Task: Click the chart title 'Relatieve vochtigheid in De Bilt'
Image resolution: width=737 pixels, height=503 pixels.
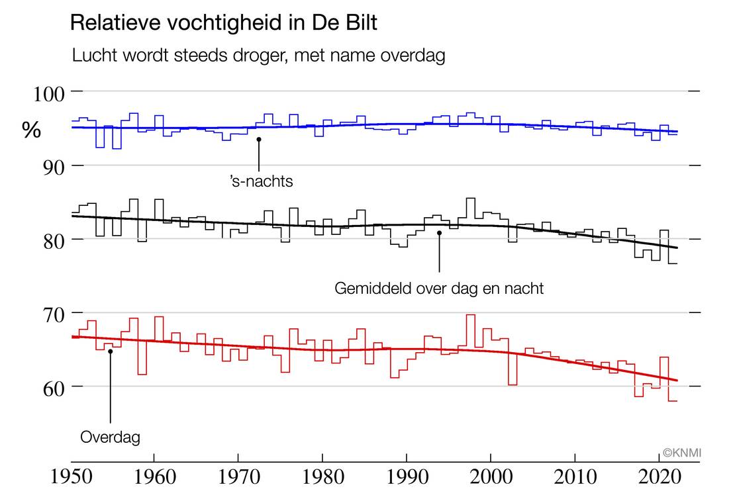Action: tap(223, 23)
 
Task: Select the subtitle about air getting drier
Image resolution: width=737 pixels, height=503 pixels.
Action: tap(258, 56)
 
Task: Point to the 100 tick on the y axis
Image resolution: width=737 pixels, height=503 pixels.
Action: tap(49, 93)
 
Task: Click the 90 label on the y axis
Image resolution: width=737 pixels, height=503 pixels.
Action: tap(49, 166)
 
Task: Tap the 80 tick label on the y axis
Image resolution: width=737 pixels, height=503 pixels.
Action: tap(49, 240)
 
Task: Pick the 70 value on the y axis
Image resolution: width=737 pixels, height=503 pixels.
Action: tap(49, 313)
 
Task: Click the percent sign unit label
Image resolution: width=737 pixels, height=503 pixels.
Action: tap(32, 131)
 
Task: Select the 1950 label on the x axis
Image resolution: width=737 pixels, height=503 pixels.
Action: tap(70, 478)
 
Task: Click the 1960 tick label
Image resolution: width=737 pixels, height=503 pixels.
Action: tap(154, 478)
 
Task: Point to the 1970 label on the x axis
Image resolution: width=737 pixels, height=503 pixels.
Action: tap(238, 478)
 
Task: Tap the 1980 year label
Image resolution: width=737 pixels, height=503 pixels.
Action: tap(322, 478)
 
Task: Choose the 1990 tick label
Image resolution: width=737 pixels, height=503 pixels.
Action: tap(406, 478)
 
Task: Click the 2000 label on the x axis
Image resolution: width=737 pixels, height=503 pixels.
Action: tap(490, 478)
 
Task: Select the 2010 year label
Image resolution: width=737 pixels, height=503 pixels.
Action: tap(574, 478)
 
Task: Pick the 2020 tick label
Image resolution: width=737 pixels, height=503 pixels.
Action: tap(658, 478)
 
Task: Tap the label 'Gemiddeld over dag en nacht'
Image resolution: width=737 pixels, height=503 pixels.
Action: tap(439, 289)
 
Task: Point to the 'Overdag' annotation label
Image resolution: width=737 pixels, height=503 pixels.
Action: tap(110, 437)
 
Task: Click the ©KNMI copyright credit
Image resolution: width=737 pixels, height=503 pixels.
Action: tap(681, 453)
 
